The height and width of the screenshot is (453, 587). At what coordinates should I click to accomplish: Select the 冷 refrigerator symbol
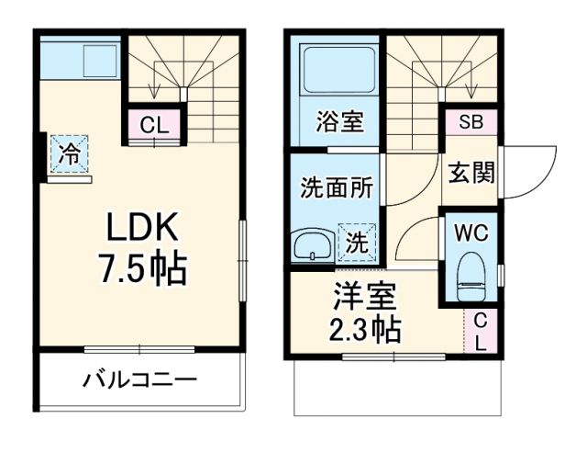click(69, 154)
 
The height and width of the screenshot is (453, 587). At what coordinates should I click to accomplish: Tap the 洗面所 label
click(337, 187)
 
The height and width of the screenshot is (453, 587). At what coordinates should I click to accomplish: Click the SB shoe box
click(471, 121)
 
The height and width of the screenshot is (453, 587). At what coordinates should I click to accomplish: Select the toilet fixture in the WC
click(471, 276)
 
